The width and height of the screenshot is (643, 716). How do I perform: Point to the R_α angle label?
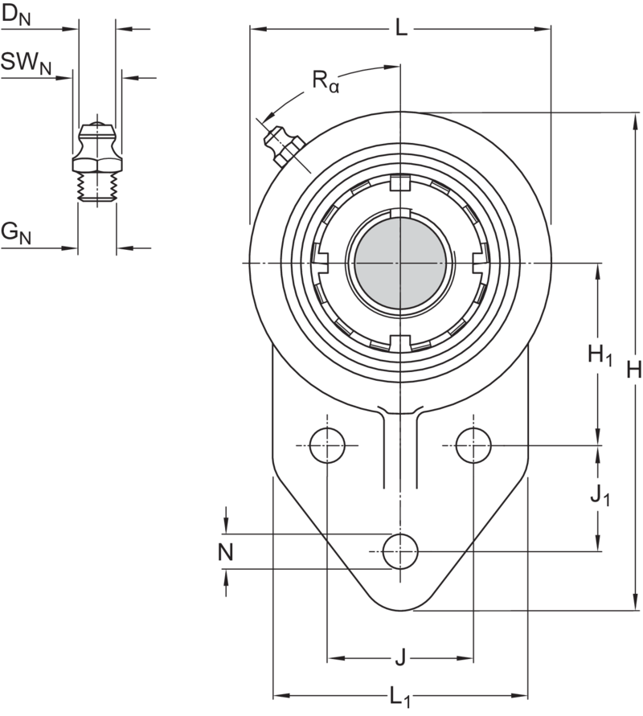[x=326, y=80]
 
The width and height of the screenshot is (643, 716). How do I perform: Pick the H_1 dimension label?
[x=600, y=354]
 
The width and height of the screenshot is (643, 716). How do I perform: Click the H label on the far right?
[x=633, y=370]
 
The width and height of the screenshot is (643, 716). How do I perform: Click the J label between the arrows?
[x=399, y=661]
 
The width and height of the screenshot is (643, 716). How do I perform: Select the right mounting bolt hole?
[x=473, y=444]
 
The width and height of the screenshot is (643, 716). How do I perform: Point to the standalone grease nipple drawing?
[x=96, y=161]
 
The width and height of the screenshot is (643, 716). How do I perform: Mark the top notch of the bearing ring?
[x=399, y=186]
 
